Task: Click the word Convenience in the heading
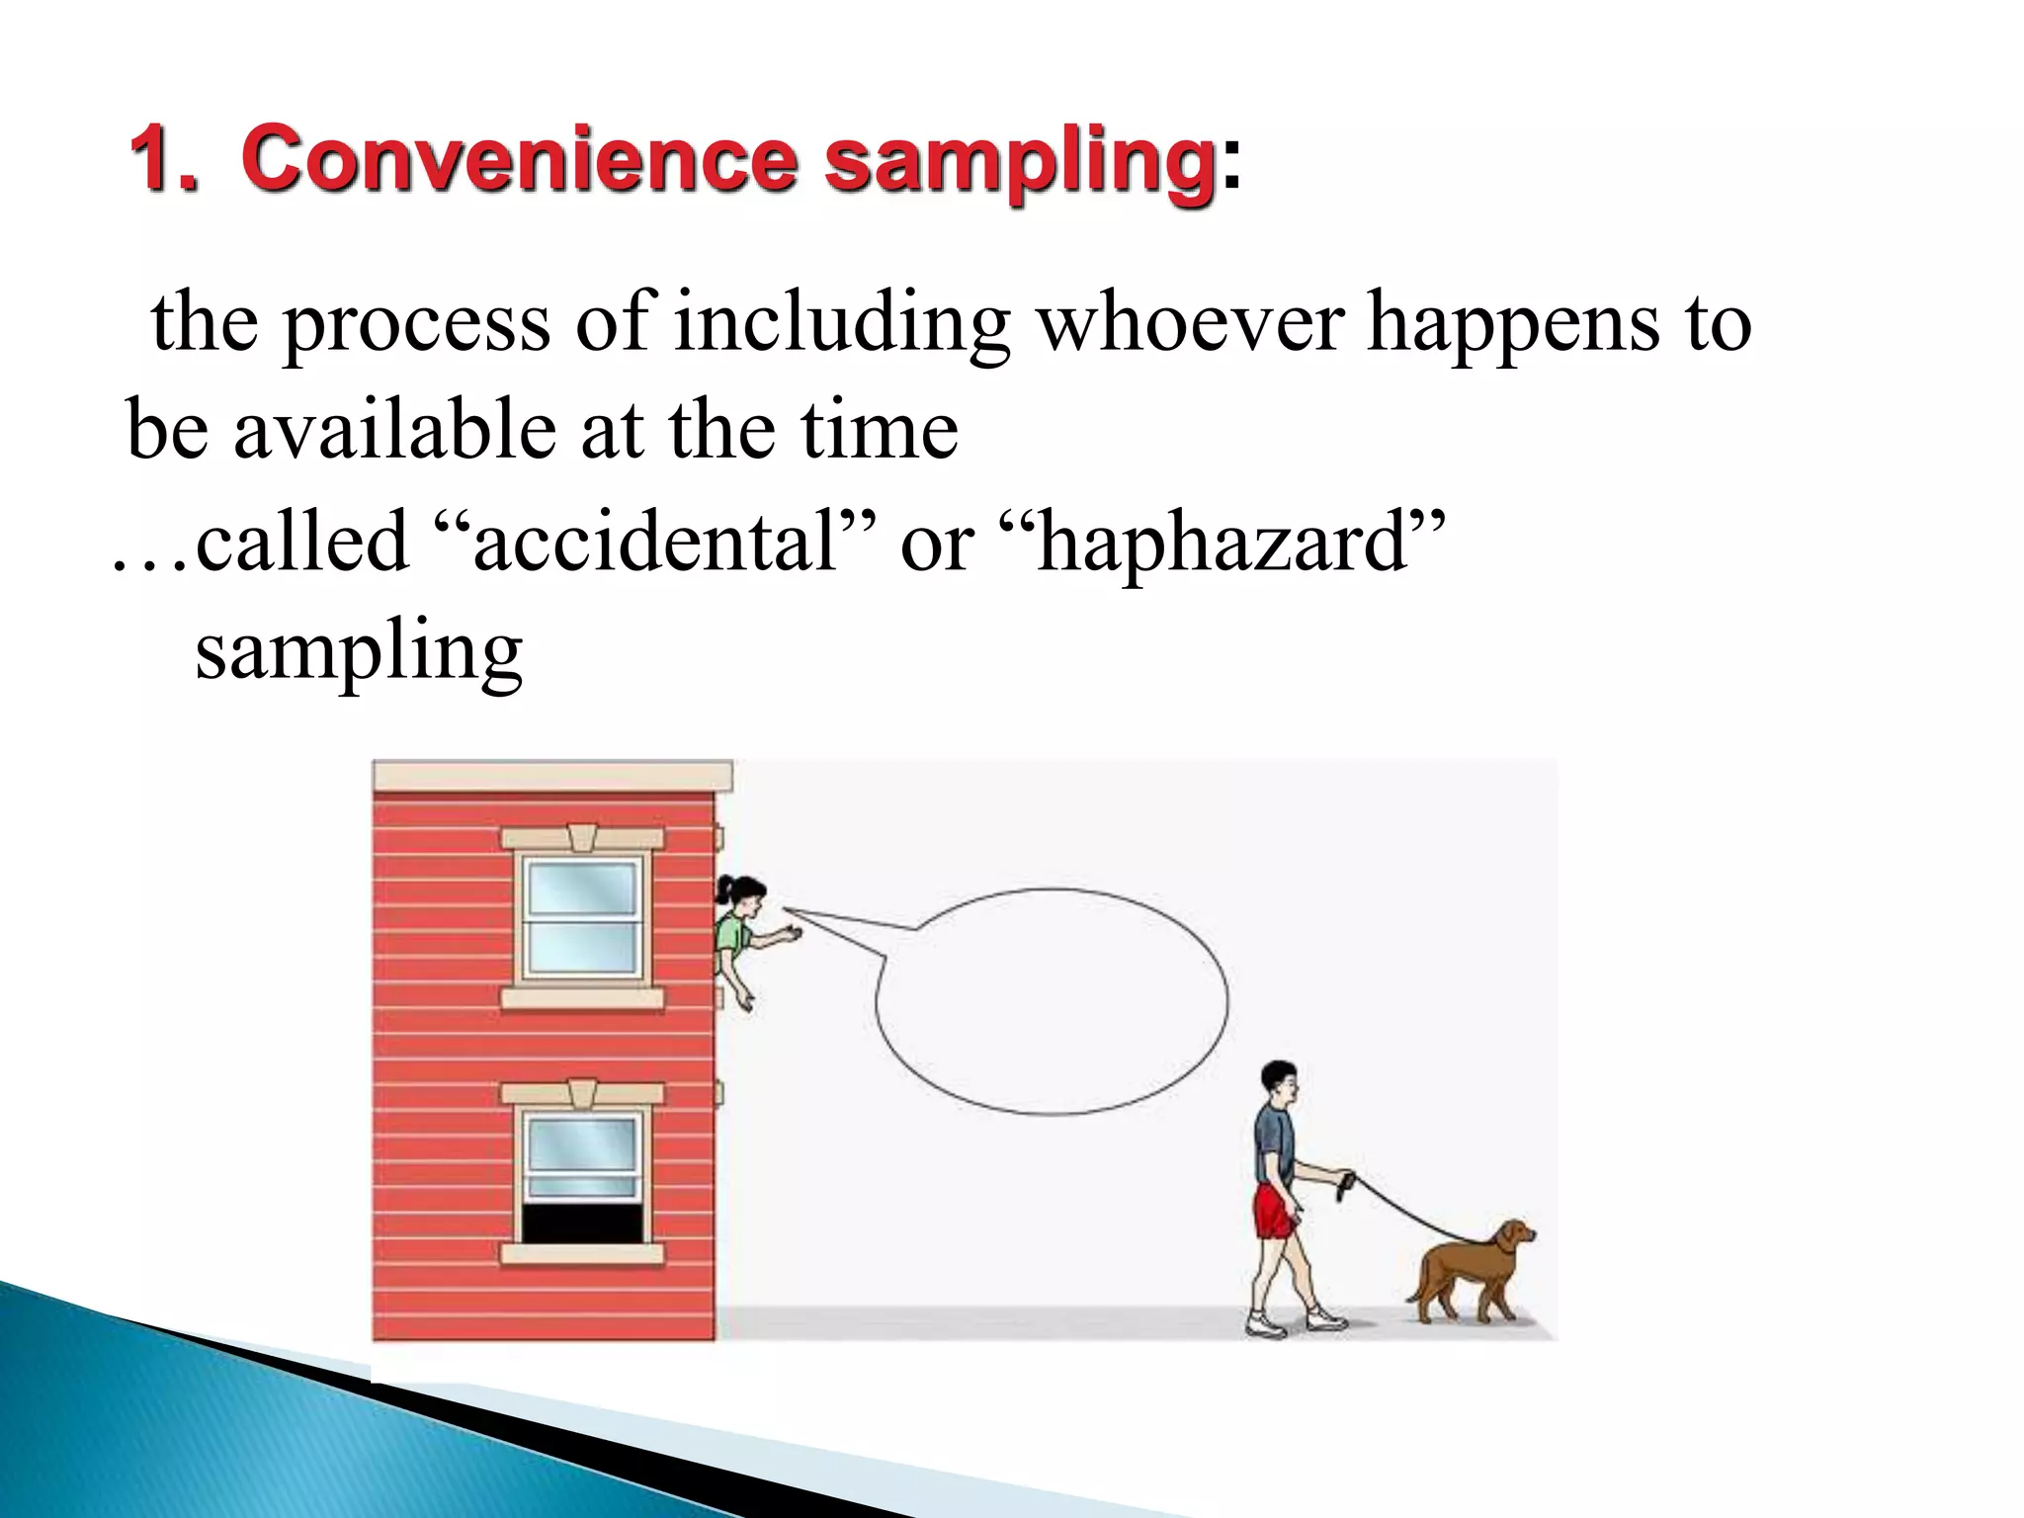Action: click(x=520, y=160)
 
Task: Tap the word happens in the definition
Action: click(x=1513, y=324)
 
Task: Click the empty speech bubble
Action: click(x=1053, y=1002)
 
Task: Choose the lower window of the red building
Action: click(x=582, y=1176)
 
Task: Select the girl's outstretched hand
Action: click(x=791, y=933)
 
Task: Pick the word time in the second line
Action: click(x=879, y=431)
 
